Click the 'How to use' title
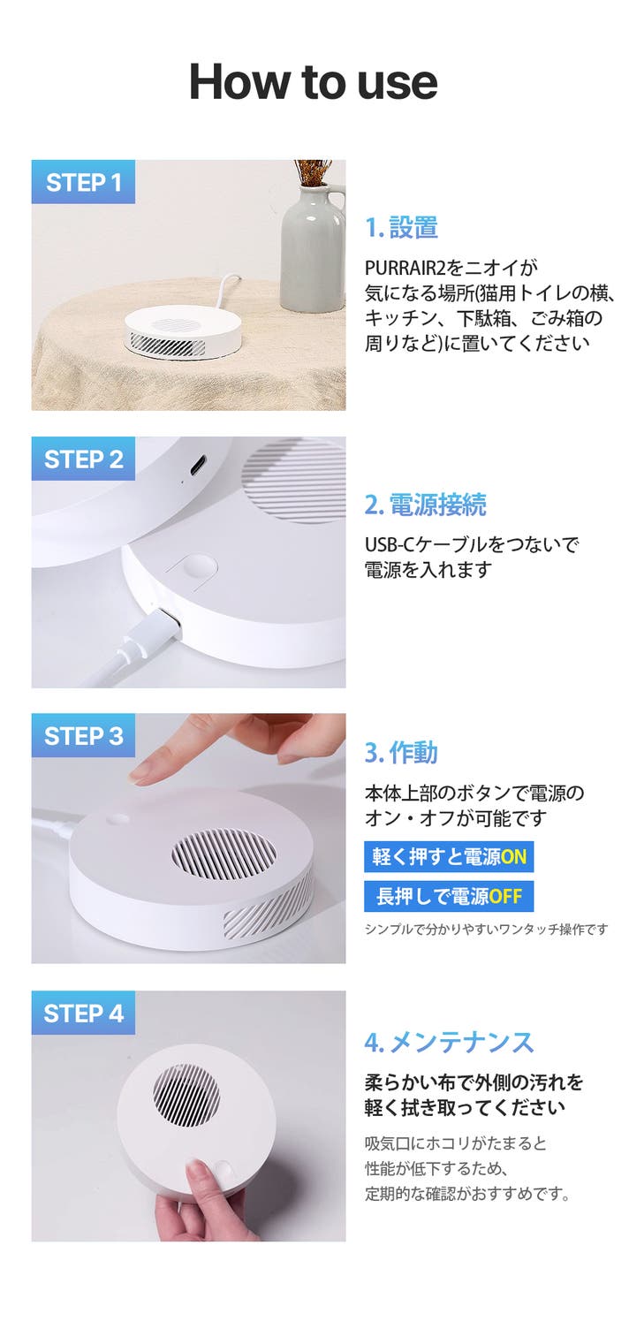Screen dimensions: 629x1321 click(313, 81)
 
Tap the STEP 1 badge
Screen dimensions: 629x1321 click(83, 182)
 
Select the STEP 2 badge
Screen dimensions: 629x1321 click(83, 459)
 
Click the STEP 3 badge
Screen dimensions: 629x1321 click(83, 735)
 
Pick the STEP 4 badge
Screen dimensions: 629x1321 click(83, 1013)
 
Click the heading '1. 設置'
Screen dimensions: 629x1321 click(401, 227)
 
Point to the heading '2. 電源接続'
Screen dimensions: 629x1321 click(426, 505)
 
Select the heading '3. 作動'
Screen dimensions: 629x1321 click(401, 753)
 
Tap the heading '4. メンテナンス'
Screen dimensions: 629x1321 click(449, 1042)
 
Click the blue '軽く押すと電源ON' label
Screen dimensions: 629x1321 click(449, 856)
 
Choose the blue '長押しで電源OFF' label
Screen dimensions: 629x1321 click(449, 896)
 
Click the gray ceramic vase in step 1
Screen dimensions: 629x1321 click(313, 247)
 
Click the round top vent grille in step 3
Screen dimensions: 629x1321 click(224, 854)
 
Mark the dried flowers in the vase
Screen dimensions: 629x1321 click(313, 172)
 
